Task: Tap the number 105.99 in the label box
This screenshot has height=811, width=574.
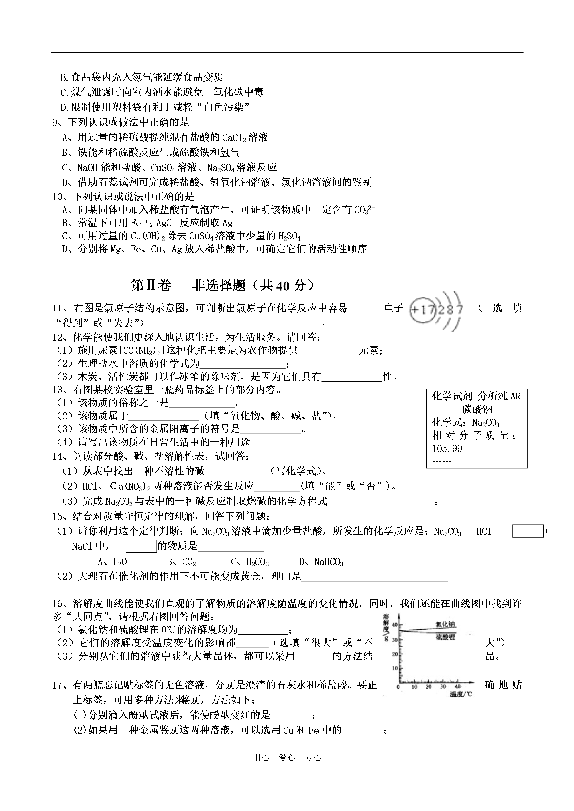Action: pos(447,449)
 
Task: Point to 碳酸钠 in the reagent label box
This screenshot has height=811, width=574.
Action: pos(477,409)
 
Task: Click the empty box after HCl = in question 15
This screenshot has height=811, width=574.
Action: pos(528,531)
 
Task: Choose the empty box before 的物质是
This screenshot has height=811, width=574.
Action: pos(141,546)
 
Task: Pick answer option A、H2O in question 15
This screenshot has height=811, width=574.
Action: pos(112,562)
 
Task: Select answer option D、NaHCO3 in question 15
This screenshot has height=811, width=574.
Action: pos(321,562)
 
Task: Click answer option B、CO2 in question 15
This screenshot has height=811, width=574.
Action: pos(181,562)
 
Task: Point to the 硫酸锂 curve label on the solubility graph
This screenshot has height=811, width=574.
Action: pos(445,637)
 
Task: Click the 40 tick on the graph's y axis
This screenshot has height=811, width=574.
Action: pos(395,625)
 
